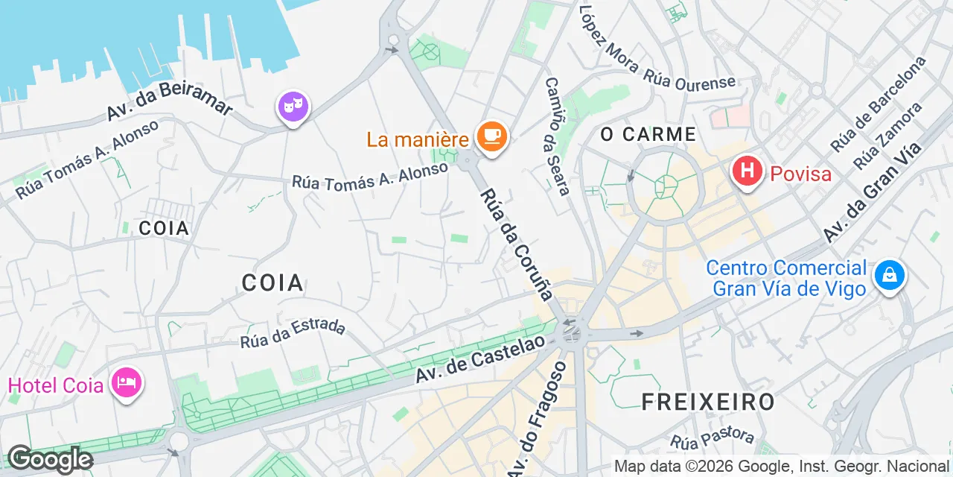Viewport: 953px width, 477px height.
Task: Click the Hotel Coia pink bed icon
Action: (x=127, y=384)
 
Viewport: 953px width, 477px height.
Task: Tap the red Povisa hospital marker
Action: (x=748, y=172)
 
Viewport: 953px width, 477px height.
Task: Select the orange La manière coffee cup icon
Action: (x=491, y=136)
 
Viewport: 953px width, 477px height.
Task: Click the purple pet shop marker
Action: (x=293, y=107)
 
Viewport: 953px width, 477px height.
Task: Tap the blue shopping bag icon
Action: (x=889, y=277)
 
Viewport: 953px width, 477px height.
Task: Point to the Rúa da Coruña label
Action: (x=517, y=244)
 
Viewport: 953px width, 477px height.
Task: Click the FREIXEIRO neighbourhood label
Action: (x=708, y=402)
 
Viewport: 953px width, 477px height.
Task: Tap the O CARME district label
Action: (x=648, y=135)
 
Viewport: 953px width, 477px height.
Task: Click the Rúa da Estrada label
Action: (x=293, y=333)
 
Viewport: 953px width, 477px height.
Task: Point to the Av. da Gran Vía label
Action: (x=873, y=192)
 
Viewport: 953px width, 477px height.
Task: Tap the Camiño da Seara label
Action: (x=558, y=136)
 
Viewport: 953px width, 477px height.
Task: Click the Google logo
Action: (x=50, y=459)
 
